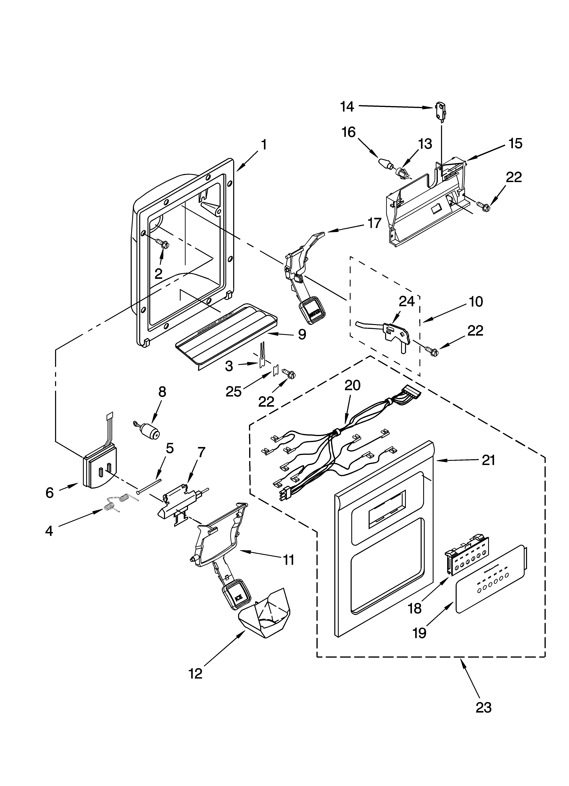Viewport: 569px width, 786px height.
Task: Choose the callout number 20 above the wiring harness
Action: (352, 385)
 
